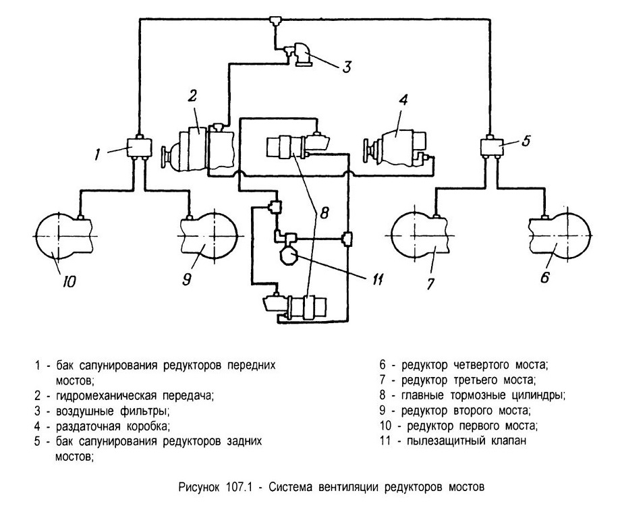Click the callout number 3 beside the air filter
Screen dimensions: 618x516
click(346, 67)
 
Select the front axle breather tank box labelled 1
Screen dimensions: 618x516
click(139, 147)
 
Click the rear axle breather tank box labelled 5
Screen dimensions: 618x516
click(491, 147)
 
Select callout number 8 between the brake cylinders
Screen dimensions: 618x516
click(324, 213)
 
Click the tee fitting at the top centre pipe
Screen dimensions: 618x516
click(274, 20)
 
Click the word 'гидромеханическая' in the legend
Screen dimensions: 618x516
click(107, 395)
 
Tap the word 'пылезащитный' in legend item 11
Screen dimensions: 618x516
click(446, 440)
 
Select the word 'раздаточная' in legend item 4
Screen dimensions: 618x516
click(88, 426)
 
